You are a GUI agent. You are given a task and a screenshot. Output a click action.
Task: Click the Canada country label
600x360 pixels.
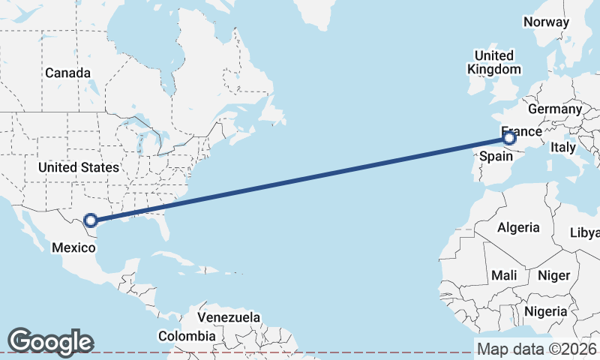click(x=67, y=73)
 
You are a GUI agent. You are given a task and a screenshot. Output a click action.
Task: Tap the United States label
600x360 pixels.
click(x=79, y=167)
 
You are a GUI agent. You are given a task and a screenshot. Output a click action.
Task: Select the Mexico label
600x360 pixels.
click(x=73, y=247)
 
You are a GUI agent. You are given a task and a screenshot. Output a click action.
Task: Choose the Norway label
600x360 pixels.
click(x=547, y=22)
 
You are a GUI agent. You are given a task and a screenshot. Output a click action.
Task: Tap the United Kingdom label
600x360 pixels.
click(x=494, y=62)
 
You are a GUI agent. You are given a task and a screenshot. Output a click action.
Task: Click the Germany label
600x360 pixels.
click(x=555, y=109)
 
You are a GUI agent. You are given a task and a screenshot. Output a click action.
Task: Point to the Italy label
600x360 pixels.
click(x=562, y=148)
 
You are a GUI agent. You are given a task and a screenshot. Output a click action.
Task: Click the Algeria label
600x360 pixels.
click(x=518, y=227)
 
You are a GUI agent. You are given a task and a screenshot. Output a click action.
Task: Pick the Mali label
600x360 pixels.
click(x=505, y=275)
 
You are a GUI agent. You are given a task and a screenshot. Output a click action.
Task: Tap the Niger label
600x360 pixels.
click(x=554, y=275)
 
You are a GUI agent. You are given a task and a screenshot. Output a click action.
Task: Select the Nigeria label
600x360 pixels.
click(x=545, y=310)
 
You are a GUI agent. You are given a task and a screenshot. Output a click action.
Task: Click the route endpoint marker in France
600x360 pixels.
click(x=509, y=138)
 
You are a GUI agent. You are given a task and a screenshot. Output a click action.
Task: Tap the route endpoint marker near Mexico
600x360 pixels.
click(x=91, y=220)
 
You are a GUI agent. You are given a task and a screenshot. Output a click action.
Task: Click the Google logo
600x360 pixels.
click(x=50, y=342)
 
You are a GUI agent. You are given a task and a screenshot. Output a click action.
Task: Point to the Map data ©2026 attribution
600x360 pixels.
click(x=536, y=349)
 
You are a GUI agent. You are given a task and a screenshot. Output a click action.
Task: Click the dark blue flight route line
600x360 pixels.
click(x=300, y=179)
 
